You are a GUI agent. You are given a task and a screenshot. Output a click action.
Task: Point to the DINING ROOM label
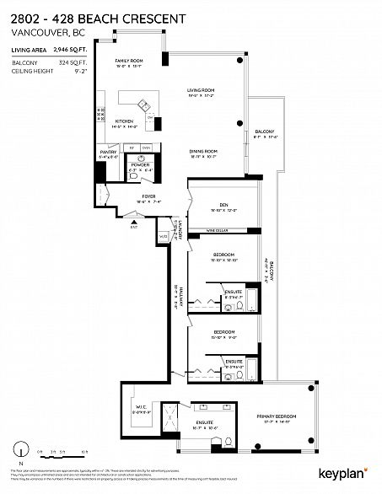(x=202, y=152)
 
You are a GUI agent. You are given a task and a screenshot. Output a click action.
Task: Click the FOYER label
(x=148, y=197)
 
